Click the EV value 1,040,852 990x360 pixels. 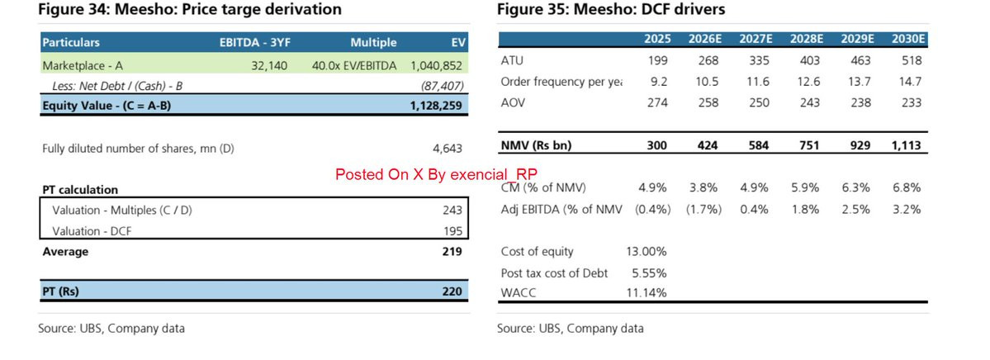click(436, 65)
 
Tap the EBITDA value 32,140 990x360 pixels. click(269, 65)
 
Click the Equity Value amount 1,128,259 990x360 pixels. click(436, 105)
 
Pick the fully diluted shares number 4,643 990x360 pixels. click(448, 149)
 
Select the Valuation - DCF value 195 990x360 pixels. click(452, 232)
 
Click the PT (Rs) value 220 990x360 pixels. click(452, 291)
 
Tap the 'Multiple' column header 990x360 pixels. click(373, 42)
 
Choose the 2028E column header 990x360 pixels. click(803, 39)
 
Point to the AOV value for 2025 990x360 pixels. click(657, 102)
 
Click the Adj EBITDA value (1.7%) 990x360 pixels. click(703, 210)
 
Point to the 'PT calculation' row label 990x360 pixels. click(80, 190)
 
